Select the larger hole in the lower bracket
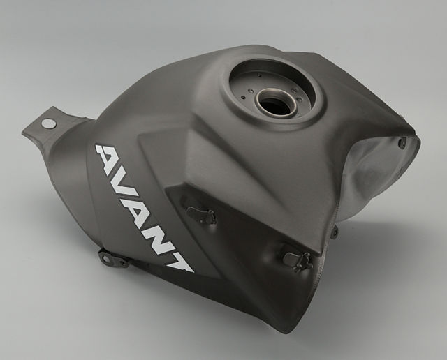[x=105, y=259]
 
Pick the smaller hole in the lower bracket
[x=123, y=262]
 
